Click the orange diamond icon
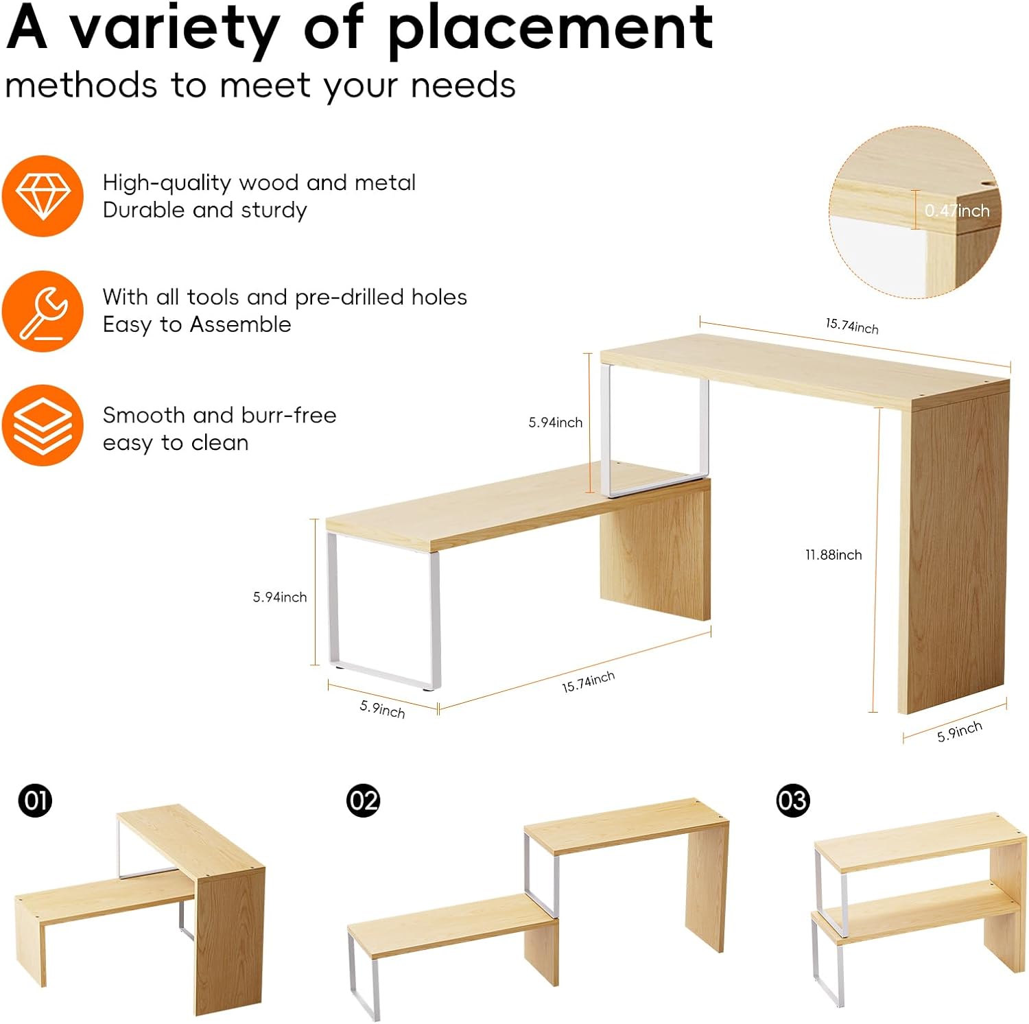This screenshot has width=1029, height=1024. tap(43, 196)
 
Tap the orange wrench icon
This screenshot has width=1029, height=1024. tap(43, 311)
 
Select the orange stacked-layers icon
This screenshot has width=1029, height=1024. tap(43, 425)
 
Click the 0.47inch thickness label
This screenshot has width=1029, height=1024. tap(957, 211)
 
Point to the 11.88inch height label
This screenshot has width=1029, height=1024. tap(833, 555)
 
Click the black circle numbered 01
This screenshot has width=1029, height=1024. tap(36, 800)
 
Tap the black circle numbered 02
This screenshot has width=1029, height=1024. tap(363, 800)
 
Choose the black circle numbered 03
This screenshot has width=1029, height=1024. tap(792, 800)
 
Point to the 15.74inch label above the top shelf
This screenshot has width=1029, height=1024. tap(852, 326)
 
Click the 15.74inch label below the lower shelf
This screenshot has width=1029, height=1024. tap(588, 682)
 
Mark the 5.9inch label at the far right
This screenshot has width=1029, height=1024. tap(959, 731)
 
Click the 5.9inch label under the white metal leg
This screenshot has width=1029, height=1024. tap(382, 709)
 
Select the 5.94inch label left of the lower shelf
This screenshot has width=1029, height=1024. tap(280, 597)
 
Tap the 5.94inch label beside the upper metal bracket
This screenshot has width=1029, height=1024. tap(555, 422)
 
